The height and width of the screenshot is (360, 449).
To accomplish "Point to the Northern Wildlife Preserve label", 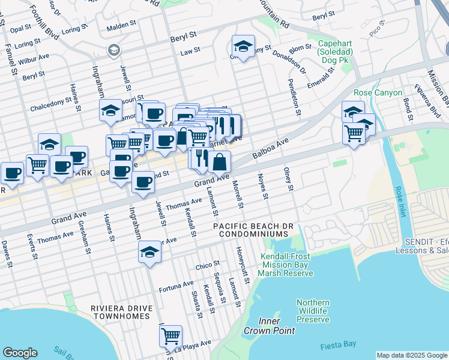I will pos(313,311).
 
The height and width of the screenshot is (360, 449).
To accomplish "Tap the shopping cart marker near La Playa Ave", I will pos(170,335).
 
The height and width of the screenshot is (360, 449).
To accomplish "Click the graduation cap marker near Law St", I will pos(243,46).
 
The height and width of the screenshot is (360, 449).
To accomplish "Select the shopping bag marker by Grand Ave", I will pos(220,161).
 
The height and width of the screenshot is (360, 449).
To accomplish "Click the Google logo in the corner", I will pos(20,352).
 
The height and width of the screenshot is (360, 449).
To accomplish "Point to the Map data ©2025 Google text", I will pos(411,355).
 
